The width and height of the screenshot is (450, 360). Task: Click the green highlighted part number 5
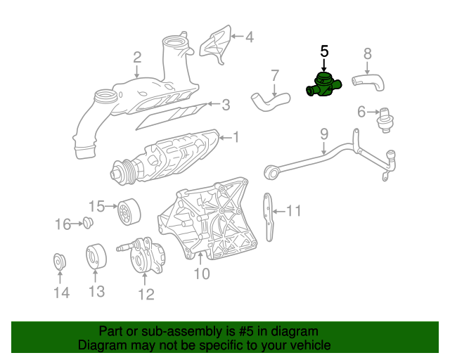coord(323,86)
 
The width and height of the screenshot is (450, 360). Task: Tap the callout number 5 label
coord(324,51)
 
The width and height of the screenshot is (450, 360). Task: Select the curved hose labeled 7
coord(268,100)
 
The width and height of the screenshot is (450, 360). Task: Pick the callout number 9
coord(324,132)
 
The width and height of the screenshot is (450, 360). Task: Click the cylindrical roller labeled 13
coord(96,257)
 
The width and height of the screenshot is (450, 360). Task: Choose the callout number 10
coord(202,274)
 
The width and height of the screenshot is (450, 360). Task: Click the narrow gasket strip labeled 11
coord(268,217)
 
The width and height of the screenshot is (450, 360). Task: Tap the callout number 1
coord(236,136)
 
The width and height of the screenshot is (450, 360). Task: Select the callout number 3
coord(225,105)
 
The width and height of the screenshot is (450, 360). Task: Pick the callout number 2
coord(137,57)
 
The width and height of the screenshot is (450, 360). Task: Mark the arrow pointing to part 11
coord(278,210)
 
